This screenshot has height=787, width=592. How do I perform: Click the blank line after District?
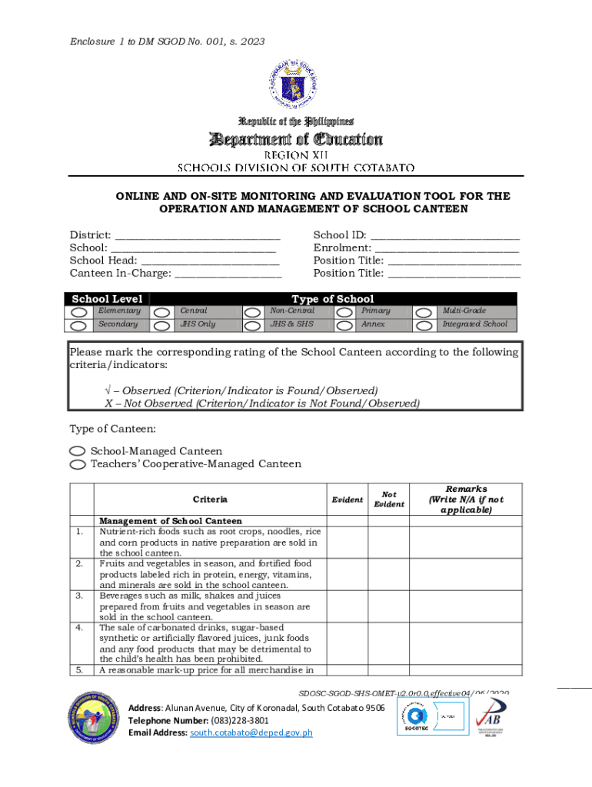click(x=197, y=236)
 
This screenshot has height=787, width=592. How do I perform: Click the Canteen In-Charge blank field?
click(x=228, y=273)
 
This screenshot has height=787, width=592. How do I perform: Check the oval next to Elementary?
click(x=79, y=312)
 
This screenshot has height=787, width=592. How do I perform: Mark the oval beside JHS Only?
click(x=161, y=325)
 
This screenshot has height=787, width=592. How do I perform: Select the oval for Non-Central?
click(x=252, y=312)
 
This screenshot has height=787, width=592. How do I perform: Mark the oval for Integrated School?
click(x=424, y=325)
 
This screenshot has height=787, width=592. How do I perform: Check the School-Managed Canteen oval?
click(x=78, y=451)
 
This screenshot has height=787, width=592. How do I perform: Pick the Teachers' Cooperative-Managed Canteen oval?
click(x=78, y=464)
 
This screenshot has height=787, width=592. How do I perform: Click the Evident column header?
click(x=347, y=500)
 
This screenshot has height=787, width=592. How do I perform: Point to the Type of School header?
click(x=332, y=299)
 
